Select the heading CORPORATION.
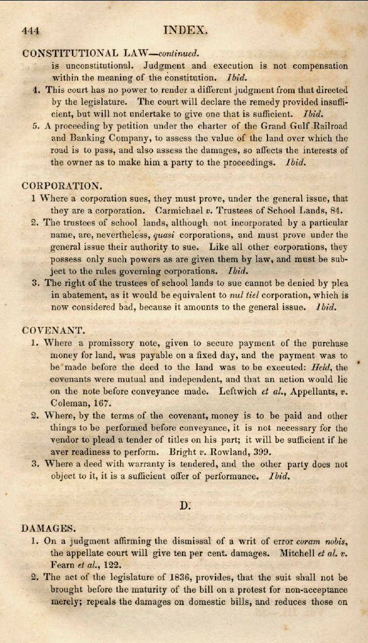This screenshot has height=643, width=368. coord(61,185)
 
